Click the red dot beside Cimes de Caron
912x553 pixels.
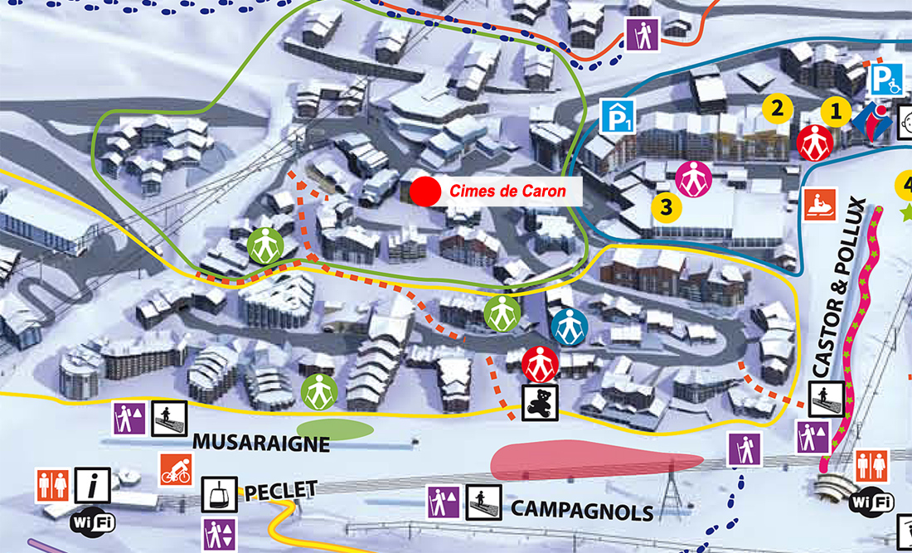point(424,192)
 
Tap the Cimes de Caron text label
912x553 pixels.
point(507,192)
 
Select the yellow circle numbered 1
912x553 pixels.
point(836,110)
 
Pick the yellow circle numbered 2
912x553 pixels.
point(777,107)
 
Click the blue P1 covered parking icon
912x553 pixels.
point(616,115)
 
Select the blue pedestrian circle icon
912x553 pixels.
point(569,327)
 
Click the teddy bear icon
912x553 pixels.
point(540,402)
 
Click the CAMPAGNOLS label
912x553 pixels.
point(582,509)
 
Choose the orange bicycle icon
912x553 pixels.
point(176,469)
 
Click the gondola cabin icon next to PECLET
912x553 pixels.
point(220,495)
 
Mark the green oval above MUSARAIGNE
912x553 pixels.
point(334,429)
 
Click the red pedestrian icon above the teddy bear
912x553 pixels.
point(540,364)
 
